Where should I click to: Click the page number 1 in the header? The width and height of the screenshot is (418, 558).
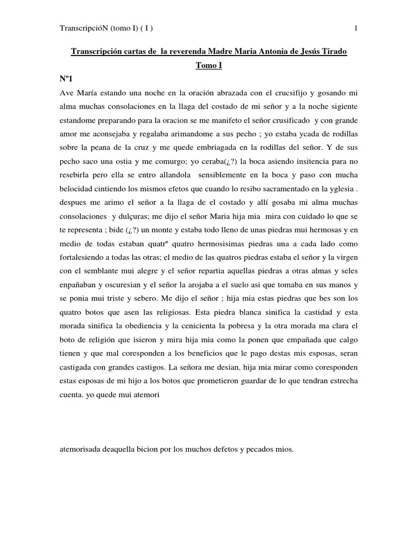point(355,28)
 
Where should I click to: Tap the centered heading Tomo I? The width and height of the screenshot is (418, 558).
point(208,65)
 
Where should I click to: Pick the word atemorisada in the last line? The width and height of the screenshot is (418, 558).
point(81,450)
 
